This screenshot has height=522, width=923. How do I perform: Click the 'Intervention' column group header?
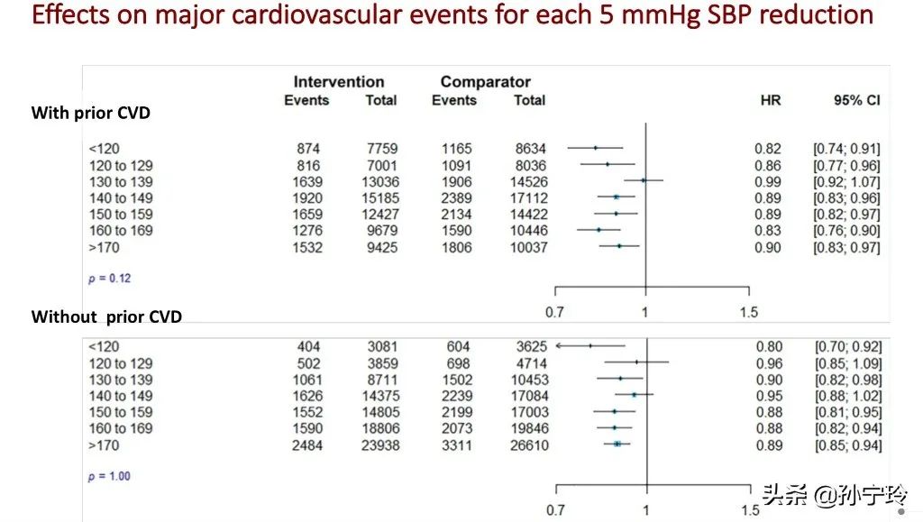[x=339, y=82]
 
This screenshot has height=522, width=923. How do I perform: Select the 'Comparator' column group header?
[x=485, y=82]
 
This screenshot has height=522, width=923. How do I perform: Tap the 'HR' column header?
[x=770, y=100]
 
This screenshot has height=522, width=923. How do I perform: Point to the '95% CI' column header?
[x=856, y=100]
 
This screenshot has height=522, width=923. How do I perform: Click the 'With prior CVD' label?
[x=90, y=113]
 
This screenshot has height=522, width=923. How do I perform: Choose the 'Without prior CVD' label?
[x=106, y=316]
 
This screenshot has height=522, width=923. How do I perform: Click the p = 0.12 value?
[x=109, y=278]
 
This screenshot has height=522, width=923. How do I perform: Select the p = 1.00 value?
[x=109, y=476]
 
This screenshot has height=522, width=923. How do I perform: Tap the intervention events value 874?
[x=307, y=149]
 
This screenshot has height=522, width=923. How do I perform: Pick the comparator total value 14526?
[x=528, y=181]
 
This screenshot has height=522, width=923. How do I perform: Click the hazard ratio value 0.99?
[x=768, y=181]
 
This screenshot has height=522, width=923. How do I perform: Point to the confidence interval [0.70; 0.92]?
[x=847, y=346]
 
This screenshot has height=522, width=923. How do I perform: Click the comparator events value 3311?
[x=456, y=445]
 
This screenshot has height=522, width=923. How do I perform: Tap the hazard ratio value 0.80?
[x=768, y=346]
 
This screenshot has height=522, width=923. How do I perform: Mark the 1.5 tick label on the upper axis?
[x=748, y=312]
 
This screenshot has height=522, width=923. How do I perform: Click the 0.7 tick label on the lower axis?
[x=555, y=510]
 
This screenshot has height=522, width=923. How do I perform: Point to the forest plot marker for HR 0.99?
[x=644, y=180]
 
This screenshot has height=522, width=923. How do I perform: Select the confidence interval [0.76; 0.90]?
[x=847, y=231]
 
